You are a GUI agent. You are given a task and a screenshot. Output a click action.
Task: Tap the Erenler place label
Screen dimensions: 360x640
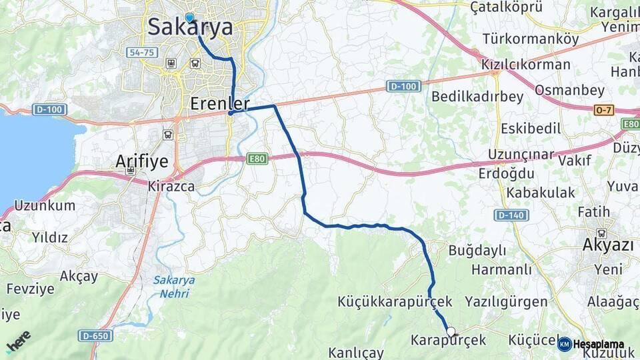click(219, 103)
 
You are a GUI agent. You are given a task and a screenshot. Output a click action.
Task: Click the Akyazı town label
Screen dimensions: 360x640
click(607, 245)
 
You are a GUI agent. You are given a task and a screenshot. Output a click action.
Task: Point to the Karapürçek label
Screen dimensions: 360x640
click(449, 340)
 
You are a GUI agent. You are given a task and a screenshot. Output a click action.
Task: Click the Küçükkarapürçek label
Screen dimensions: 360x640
click(395, 301)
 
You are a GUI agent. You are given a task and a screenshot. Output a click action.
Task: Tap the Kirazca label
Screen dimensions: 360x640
click(171, 187)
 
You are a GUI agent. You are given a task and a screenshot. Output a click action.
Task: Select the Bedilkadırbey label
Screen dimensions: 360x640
click(477, 97)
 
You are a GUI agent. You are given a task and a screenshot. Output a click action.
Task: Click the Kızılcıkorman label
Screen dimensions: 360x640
click(526, 65)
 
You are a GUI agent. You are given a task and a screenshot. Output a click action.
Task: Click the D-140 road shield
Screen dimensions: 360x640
click(511, 215)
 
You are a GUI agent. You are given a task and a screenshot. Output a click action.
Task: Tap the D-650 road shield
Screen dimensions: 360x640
click(95, 335)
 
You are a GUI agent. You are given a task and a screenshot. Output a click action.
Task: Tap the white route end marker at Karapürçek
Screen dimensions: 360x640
click(451, 331)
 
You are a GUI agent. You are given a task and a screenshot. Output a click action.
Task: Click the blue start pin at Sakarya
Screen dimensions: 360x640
click(189, 17)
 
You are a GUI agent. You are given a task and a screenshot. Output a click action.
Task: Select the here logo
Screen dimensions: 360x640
click(18, 341)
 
